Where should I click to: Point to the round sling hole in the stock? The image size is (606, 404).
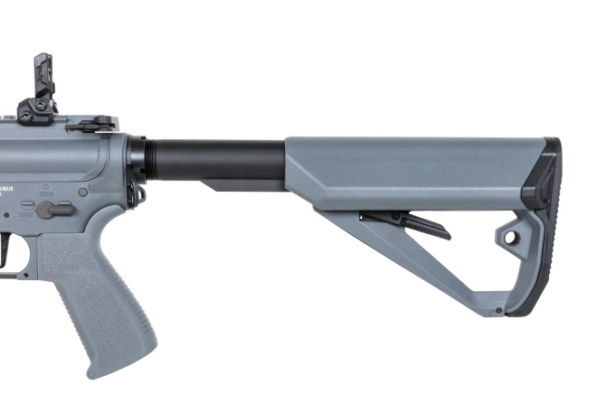coord(511,238)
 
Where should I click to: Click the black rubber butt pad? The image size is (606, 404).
coord(544,226)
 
